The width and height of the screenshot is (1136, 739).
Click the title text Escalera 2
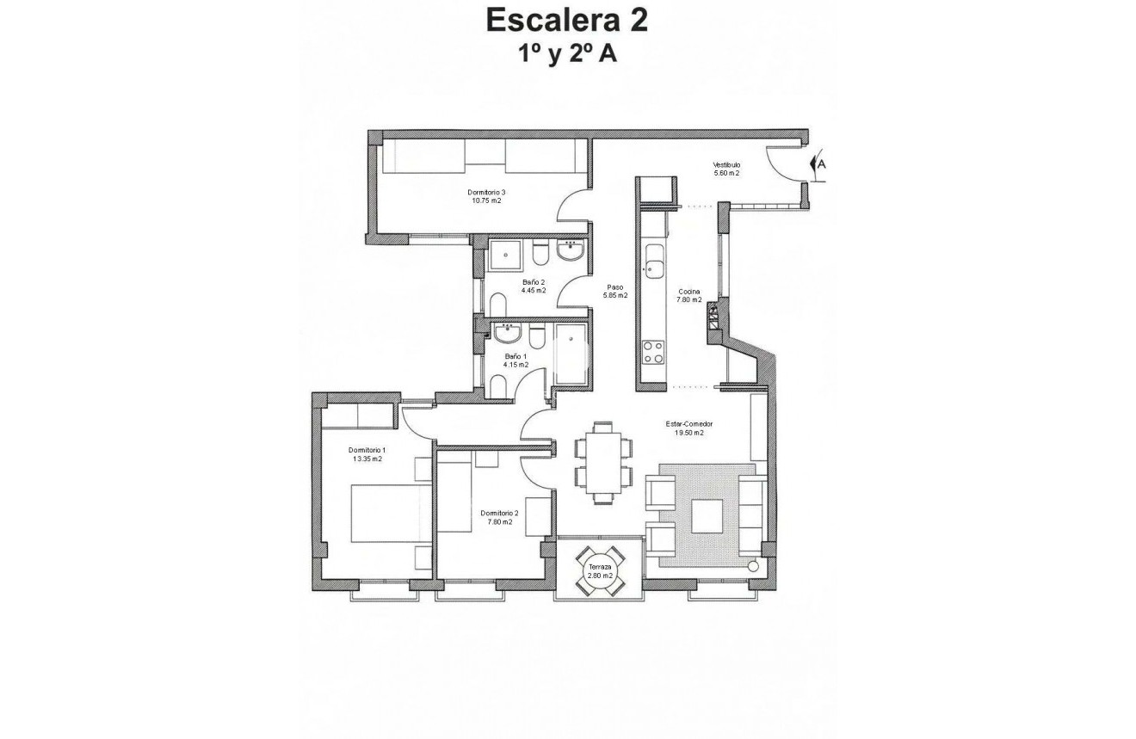(567, 21)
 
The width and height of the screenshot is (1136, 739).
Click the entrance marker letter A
(822, 163)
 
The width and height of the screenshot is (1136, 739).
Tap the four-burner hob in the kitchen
(653, 353)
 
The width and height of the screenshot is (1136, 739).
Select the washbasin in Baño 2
(570, 251)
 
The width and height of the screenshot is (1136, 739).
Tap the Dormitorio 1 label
(367, 454)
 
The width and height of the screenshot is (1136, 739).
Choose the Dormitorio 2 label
(498, 517)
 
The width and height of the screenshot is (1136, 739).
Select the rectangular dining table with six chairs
(603, 461)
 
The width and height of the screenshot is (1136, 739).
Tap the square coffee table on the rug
(707, 516)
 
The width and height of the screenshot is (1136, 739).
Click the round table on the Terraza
(600, 571)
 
